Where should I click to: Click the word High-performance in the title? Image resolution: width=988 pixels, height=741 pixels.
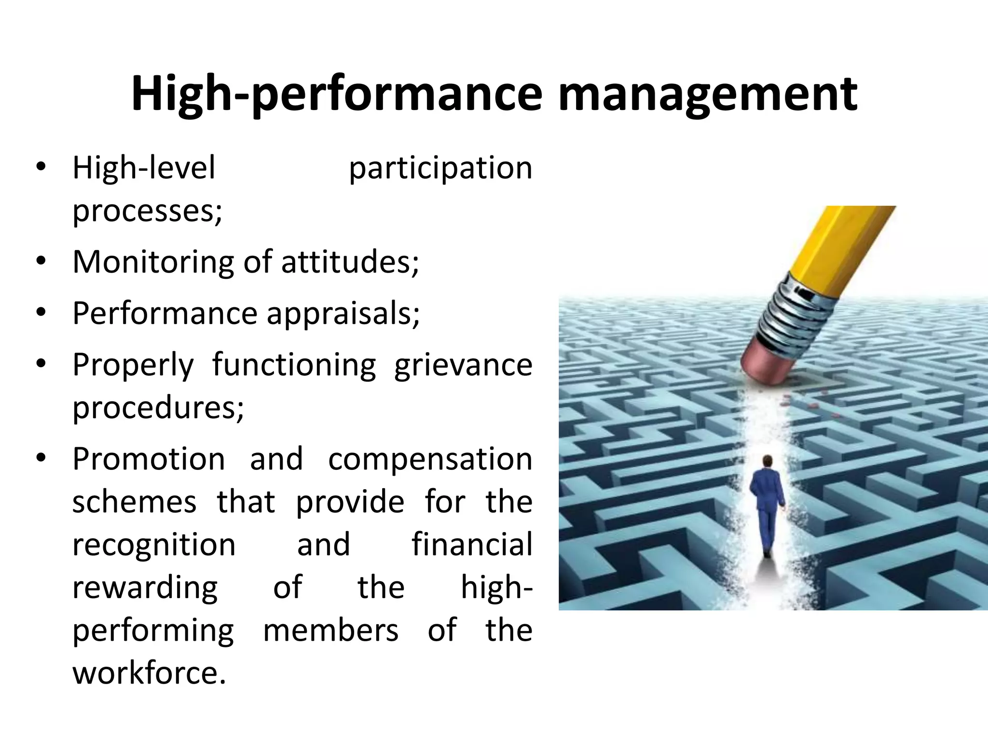point(337,95)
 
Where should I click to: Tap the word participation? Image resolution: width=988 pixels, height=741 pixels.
point(440,169)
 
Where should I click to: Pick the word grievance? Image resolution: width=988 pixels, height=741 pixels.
point(463,366)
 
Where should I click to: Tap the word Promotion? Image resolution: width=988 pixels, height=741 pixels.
point(149,459)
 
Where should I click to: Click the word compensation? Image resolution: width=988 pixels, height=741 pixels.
point(430,459)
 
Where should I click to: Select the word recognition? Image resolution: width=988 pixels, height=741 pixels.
point(154,545)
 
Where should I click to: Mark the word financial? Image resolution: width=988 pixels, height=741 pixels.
point(472,545)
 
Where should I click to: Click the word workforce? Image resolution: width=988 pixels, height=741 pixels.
point(149,673)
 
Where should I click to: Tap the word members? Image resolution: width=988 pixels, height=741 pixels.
point(331,631)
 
